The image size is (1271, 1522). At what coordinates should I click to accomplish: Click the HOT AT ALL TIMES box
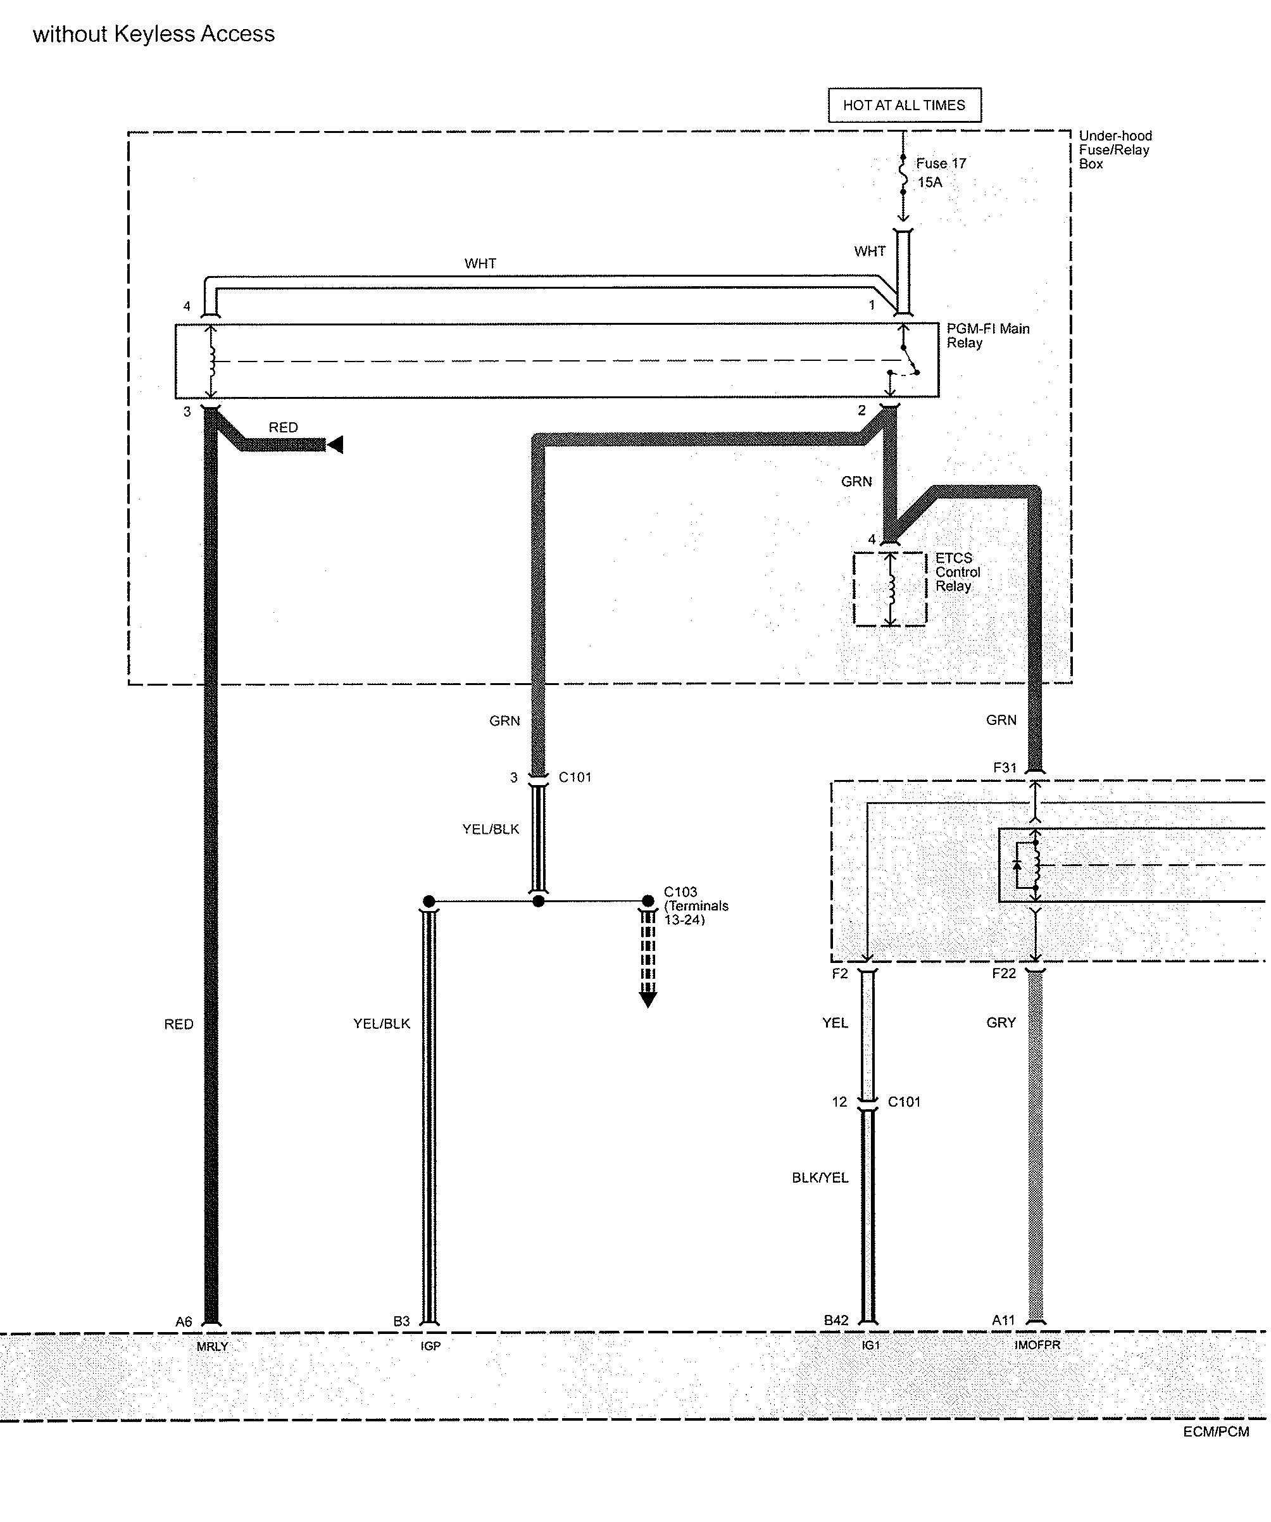pyautogui.click(x=905, y=105)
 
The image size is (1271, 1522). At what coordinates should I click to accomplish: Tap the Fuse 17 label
pyautogui.click(x=941, y=164)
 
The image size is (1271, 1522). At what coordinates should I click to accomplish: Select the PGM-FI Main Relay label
pyautogui.click(x=987, y=336)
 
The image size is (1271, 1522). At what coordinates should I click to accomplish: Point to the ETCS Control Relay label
pyautogui.click(x=957, y=572)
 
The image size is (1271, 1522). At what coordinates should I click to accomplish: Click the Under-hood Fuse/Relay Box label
pyautogui.click(x=1115, y=150)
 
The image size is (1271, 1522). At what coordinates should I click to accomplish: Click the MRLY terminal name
pyautogui.click(x=212, y=1347)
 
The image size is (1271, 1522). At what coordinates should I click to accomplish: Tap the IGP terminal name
pyautogui.click(x=430, y=1346)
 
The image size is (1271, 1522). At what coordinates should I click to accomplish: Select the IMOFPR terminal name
pyautogui.click(x=1037, y=1345)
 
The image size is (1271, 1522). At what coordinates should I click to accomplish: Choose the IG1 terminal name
pyautogui.click(x=870, y=1345)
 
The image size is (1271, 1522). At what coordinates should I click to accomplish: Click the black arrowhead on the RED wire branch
pyautogui.click(x=335, y=445)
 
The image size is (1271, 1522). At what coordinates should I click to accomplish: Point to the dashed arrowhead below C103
pyautogui.click(x=648, y=1000)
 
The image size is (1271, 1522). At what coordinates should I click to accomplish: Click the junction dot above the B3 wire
pyautogui.click(x=429, y=902)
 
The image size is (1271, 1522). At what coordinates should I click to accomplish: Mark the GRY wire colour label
pyautogui.click(x=1001, y=1022)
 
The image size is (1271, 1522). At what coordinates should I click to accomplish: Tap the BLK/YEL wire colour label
pyautogui.click(x=820, y=1178)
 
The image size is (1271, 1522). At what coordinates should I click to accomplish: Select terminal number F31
pyautogui.click(x=1005, y=767)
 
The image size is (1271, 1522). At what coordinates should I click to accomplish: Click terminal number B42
pyautogui.click(x=836, y=1321)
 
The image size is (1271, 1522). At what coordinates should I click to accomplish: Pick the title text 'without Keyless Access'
pyautogui.click(x=154, y=34)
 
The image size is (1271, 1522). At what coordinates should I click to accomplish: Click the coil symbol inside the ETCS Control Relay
pyautogui.click(x=891, y=589)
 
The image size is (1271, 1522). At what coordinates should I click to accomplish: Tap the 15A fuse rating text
pyautogui.click(x=930, y=182)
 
